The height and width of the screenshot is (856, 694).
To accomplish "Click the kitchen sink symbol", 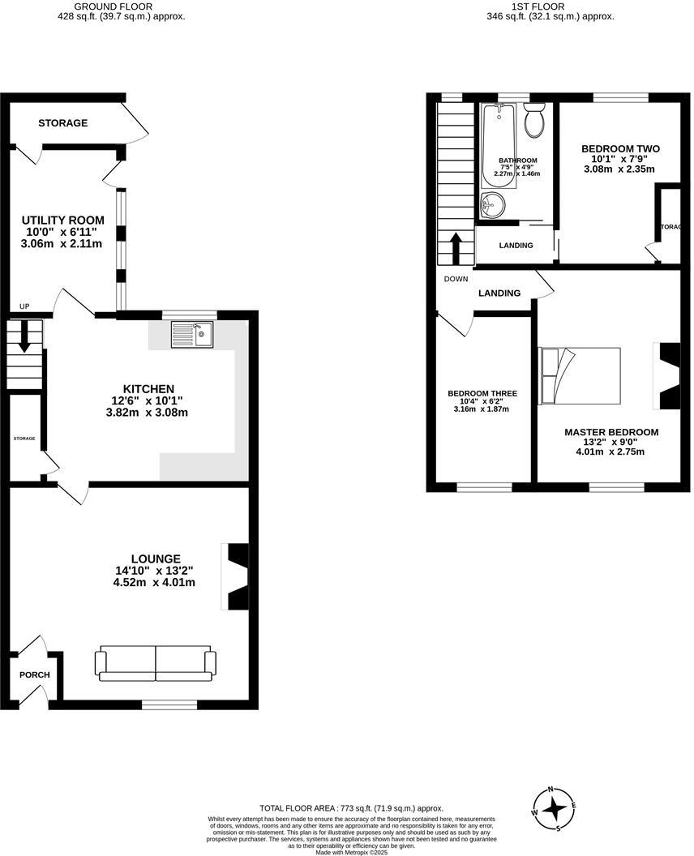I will click(192, 334).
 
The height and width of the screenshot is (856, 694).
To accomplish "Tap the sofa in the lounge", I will click(156, 663).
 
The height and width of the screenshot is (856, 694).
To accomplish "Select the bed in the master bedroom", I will click(580, 375).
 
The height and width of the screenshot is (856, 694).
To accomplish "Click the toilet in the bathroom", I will click(533, 122).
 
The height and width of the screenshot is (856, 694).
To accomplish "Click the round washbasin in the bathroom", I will click(492, 205).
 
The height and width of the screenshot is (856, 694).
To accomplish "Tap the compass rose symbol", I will click(554, 808).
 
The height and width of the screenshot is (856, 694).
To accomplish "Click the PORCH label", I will click(35, 675).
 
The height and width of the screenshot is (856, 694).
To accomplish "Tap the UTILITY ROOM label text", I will click(62, 220).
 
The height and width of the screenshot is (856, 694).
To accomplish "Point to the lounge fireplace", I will click(236, 576).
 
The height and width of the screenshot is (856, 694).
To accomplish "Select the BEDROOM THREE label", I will click(482, 394).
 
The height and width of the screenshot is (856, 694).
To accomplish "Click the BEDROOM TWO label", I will click(620, 149).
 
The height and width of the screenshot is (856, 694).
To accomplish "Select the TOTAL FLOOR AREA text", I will click(351, 808).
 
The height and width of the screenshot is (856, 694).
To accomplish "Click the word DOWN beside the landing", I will click(456, 279).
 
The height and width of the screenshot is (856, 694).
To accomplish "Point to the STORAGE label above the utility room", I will click(62, 123).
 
